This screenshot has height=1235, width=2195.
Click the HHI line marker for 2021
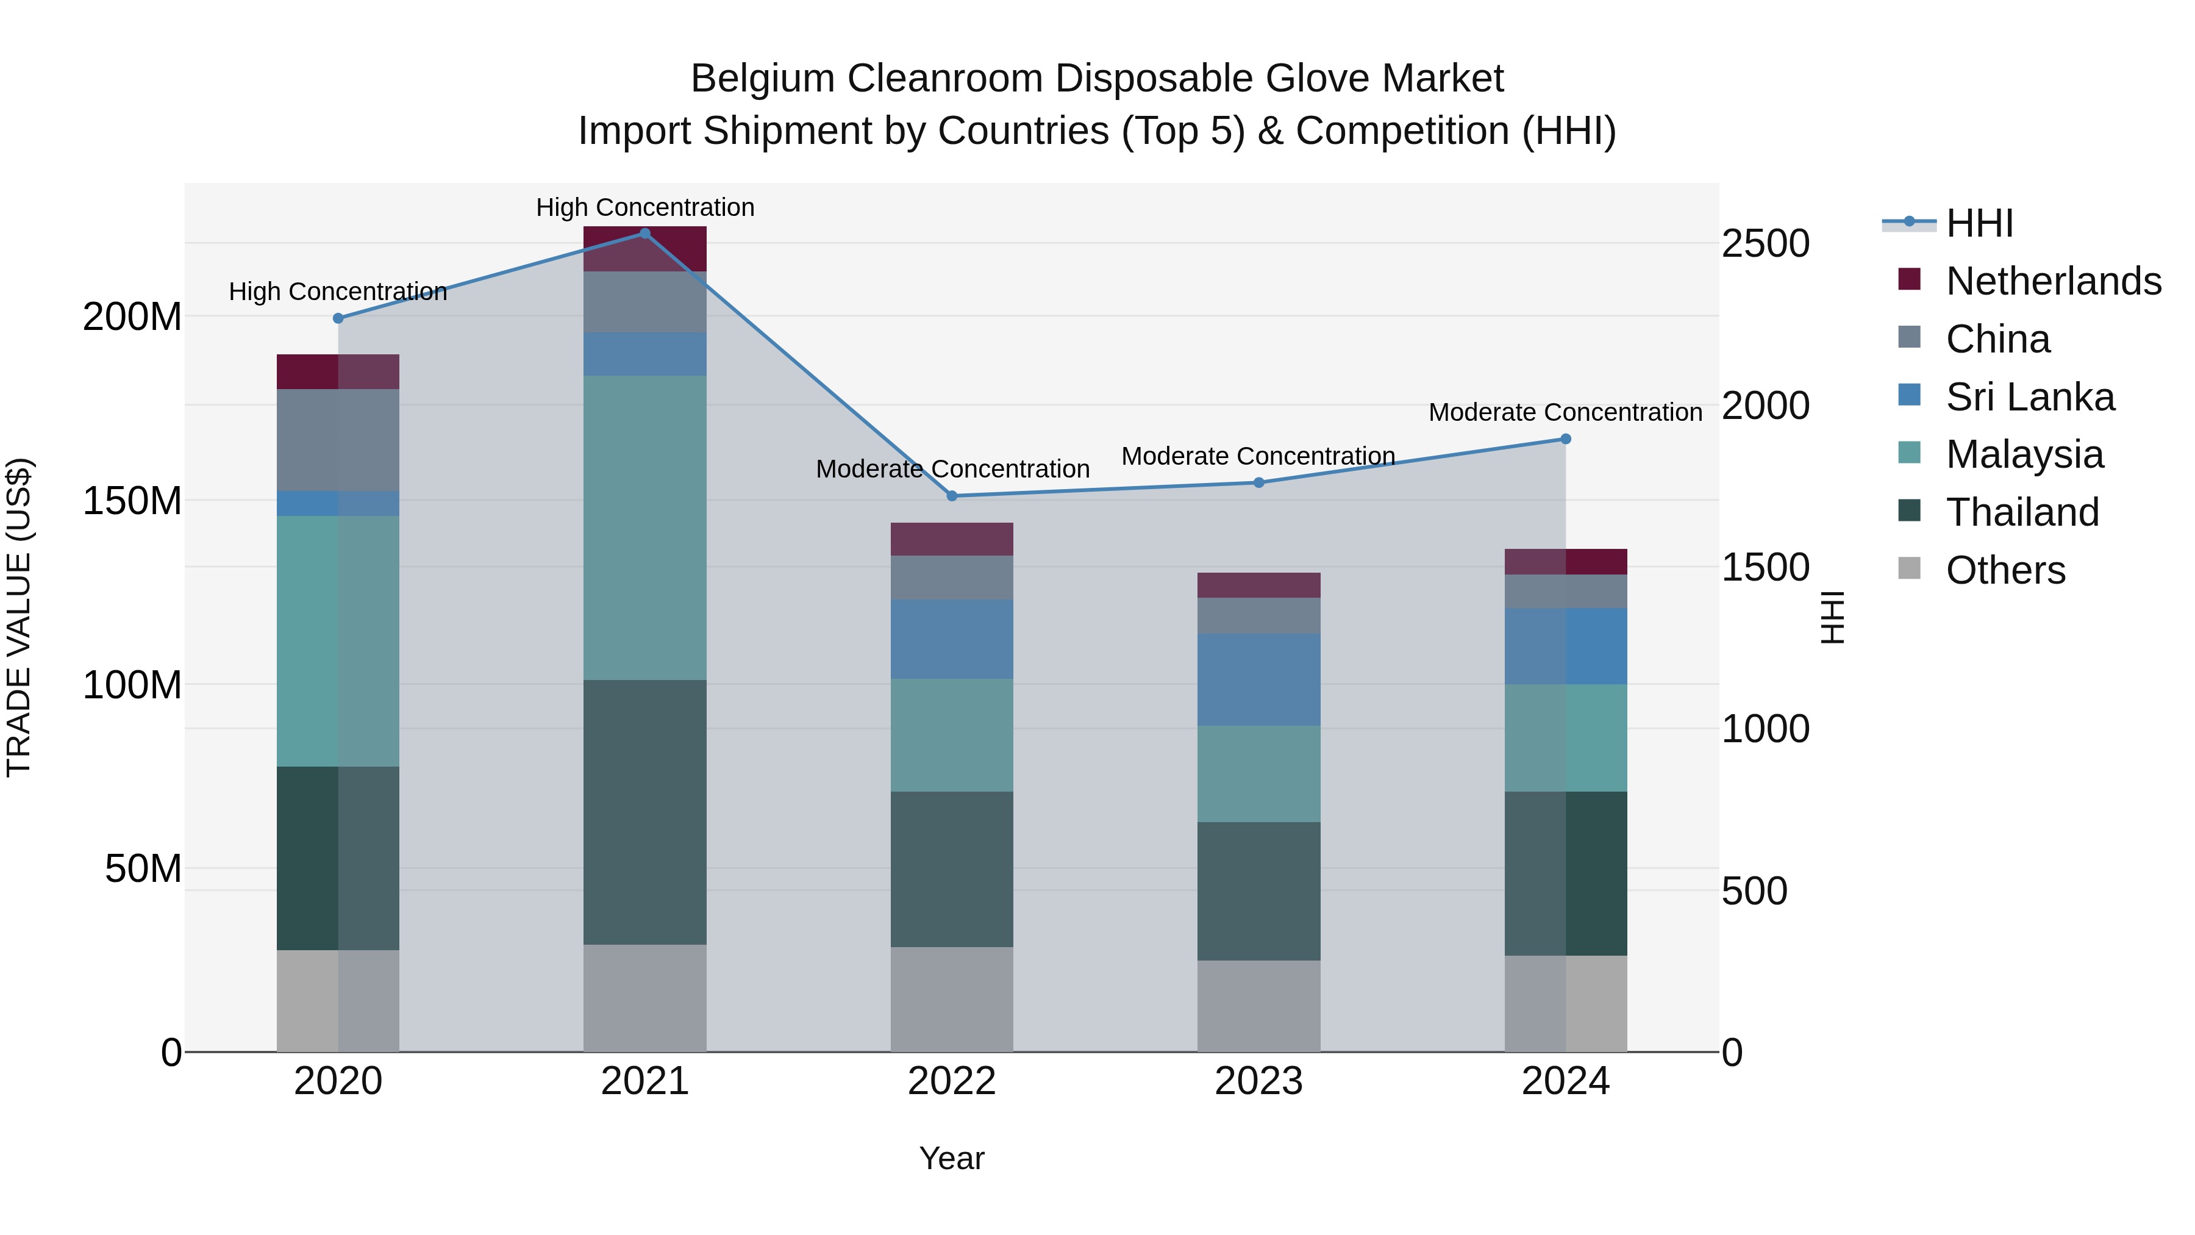(x=645, y=234)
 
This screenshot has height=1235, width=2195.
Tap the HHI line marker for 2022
(x=952, y=496)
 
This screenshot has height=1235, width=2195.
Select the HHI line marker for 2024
(x=1565, y=439)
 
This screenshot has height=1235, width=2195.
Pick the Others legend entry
(x=2005, y=570)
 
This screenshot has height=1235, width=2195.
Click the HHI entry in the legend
(x=1979, y=223)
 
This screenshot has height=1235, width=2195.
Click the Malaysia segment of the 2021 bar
(x=645, y=527)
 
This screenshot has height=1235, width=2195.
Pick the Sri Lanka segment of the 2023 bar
(x=1258, y=679)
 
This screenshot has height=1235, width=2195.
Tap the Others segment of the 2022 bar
(x=952, y=999)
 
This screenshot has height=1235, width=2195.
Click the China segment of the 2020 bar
(x=338, y=440)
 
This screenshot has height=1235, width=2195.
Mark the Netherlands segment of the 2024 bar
(x=1565, y=562)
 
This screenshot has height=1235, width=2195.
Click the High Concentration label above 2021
(x=645, y=207)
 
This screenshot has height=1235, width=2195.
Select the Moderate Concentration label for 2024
(x=1565, y=412)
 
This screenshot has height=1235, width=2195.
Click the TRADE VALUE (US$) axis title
(x=19, y=617)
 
